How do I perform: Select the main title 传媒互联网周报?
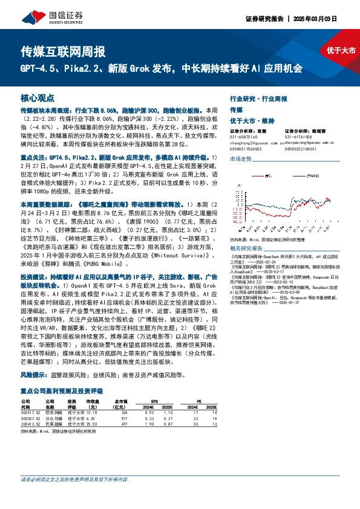63,50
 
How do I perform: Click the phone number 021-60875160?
244,136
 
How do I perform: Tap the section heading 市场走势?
241,158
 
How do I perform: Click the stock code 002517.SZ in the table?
31,412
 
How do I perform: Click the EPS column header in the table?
155,400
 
